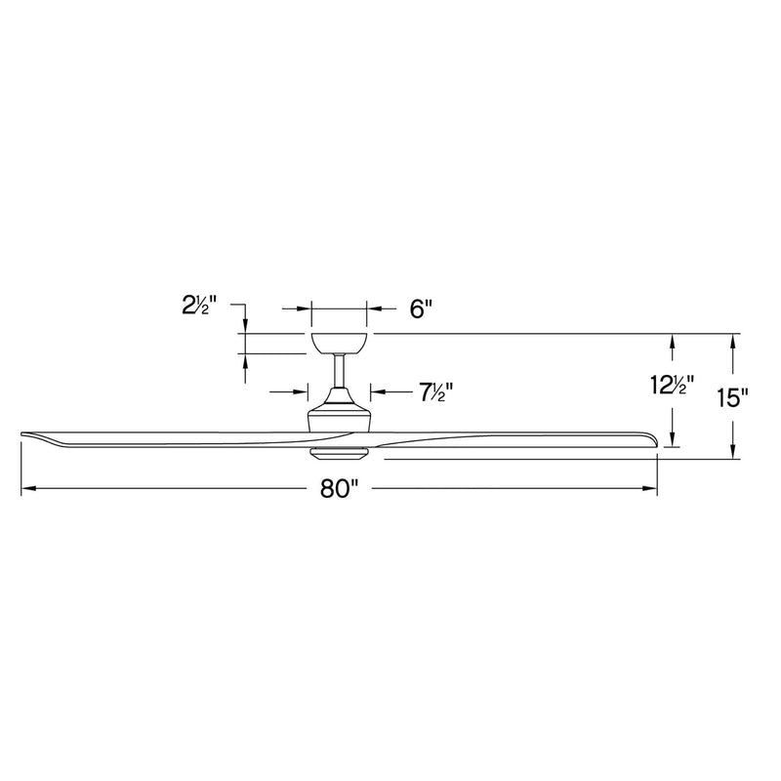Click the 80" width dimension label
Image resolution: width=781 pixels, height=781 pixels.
[x=339, y=489]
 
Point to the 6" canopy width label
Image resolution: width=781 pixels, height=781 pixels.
[x=421, y=308]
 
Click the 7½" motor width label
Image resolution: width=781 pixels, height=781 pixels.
[x=434, y=392]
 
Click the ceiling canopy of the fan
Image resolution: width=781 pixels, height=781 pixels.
[x=339, y=344]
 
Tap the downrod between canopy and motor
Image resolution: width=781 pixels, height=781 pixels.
[x=339, y=371]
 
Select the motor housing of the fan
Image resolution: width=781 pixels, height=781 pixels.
[x=340, y=410]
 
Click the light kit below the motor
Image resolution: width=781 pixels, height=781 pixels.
[x=340, y=452]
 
